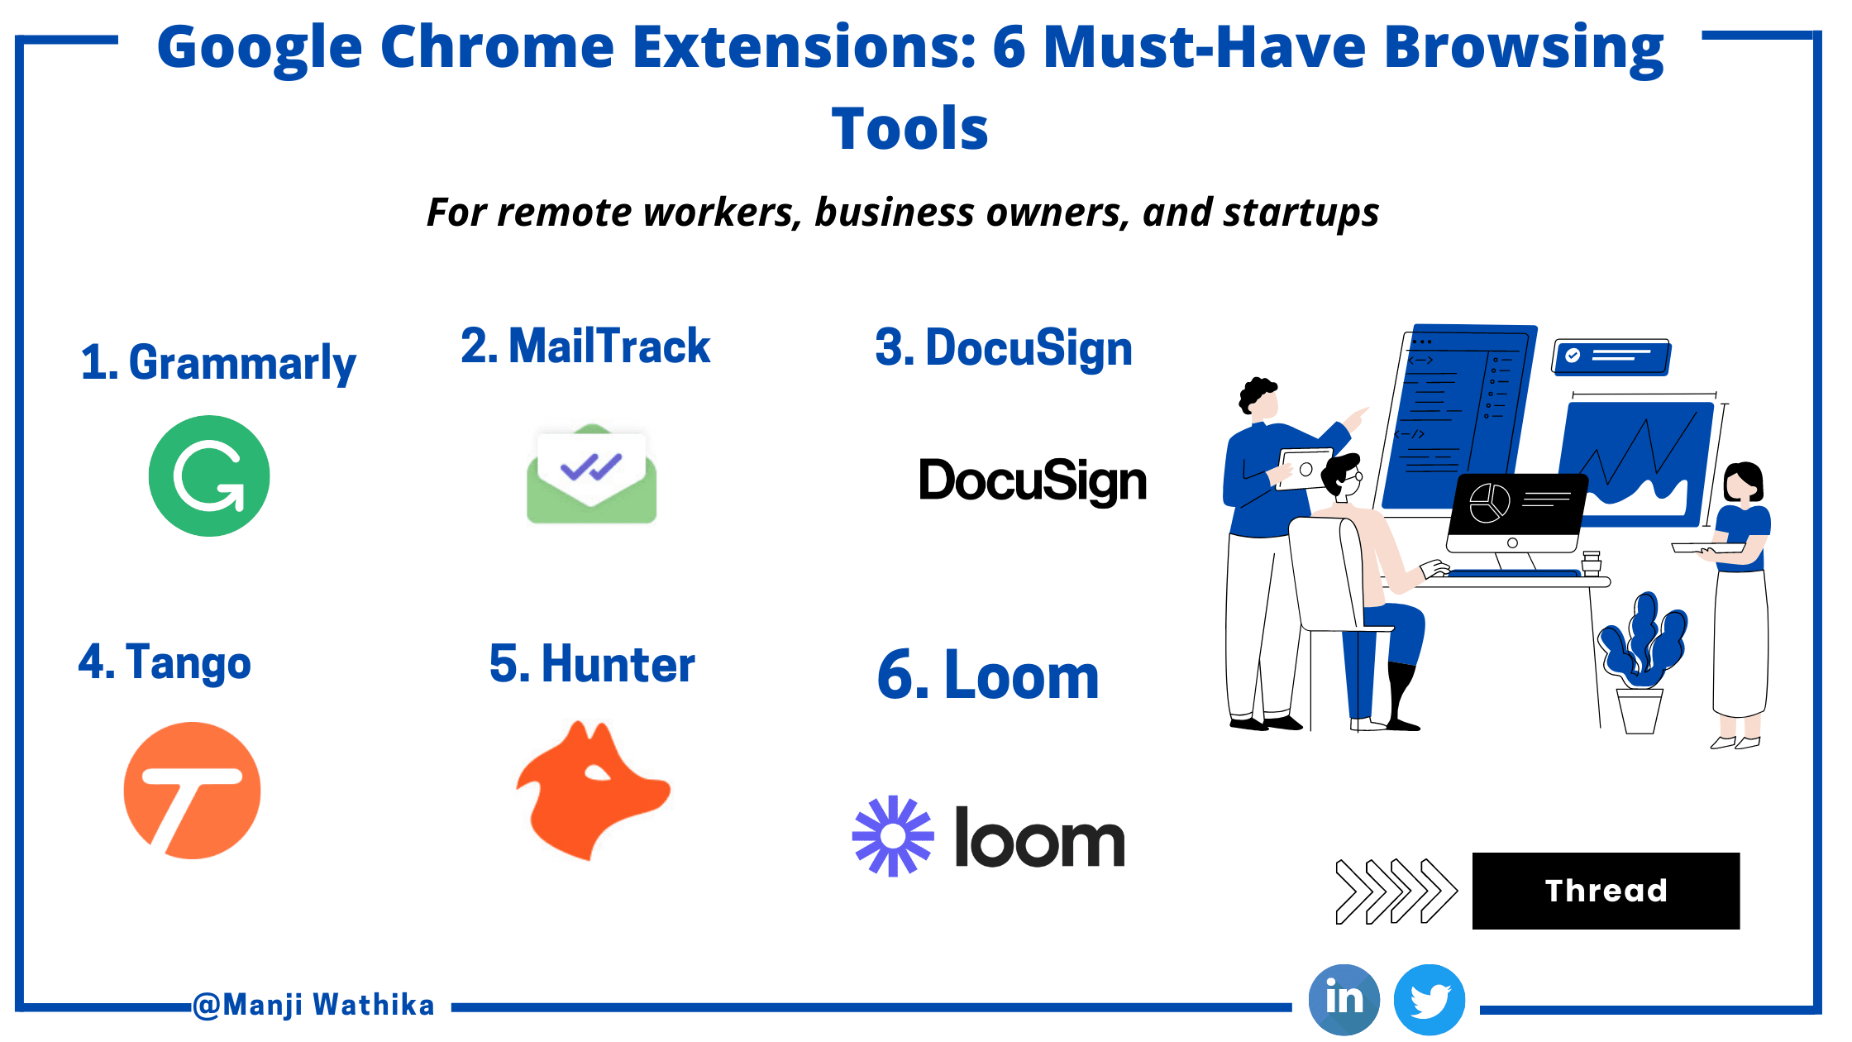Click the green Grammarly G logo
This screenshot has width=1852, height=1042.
209,476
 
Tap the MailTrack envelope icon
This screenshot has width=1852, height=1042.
592,474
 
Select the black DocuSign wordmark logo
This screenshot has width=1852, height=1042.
1033,481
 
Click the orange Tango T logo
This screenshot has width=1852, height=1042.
193,791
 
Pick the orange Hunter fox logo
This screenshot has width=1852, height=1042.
592,790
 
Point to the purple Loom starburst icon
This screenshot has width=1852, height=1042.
893,836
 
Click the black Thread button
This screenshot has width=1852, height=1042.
1606,891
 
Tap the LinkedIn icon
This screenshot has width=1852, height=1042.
1344,999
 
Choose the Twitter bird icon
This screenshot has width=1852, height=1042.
1430,1000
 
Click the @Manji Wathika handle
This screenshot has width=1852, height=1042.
313,1005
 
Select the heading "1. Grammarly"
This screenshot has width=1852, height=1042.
218,363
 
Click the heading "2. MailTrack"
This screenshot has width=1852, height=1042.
585,346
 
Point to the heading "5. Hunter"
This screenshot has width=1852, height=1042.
592,664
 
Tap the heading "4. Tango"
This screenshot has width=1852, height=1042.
165,662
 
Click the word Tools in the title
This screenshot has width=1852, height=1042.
909,129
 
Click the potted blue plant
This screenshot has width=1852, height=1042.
1642,662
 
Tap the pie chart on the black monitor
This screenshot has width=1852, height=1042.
1489,503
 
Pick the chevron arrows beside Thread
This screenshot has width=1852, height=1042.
1396,891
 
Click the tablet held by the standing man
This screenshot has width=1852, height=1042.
1305,469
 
